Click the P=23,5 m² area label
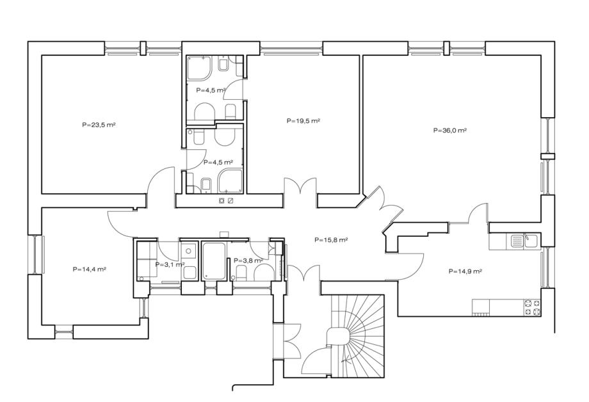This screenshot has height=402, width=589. (x=99, y=125)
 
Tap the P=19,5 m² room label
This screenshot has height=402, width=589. (x=303, y=121)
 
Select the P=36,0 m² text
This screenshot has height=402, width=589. (x=450, y=131)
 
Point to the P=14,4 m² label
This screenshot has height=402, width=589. (x=89, y=269)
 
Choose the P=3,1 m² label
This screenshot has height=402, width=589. (x=170, y=264)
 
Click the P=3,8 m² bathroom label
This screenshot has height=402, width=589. (x=248, y=261)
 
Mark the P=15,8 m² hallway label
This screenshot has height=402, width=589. (x=331, y=239)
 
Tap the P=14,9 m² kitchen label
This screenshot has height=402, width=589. (x=465, y=271)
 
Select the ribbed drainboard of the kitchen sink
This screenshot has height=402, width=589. (x=517, y=241)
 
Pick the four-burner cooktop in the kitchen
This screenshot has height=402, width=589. (x=532, y=307)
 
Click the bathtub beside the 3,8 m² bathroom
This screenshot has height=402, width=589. (x=214, y=261)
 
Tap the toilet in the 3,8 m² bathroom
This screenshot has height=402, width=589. (x=241, y=273)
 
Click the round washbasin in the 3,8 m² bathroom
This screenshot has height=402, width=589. (x=264, y=272)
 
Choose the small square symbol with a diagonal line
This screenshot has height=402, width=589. (x=230, y=200)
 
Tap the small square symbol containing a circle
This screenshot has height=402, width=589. (x=222, y=200)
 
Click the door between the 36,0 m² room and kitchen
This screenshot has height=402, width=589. (x=477, y=213)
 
